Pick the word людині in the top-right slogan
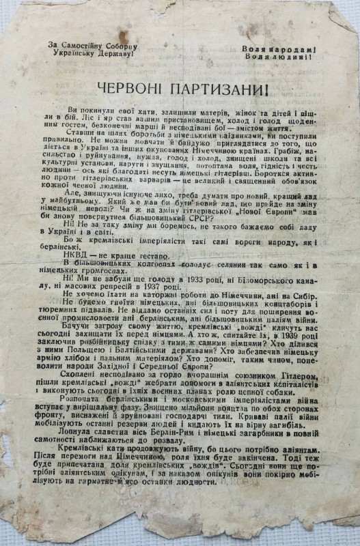(x=294, y=57)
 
